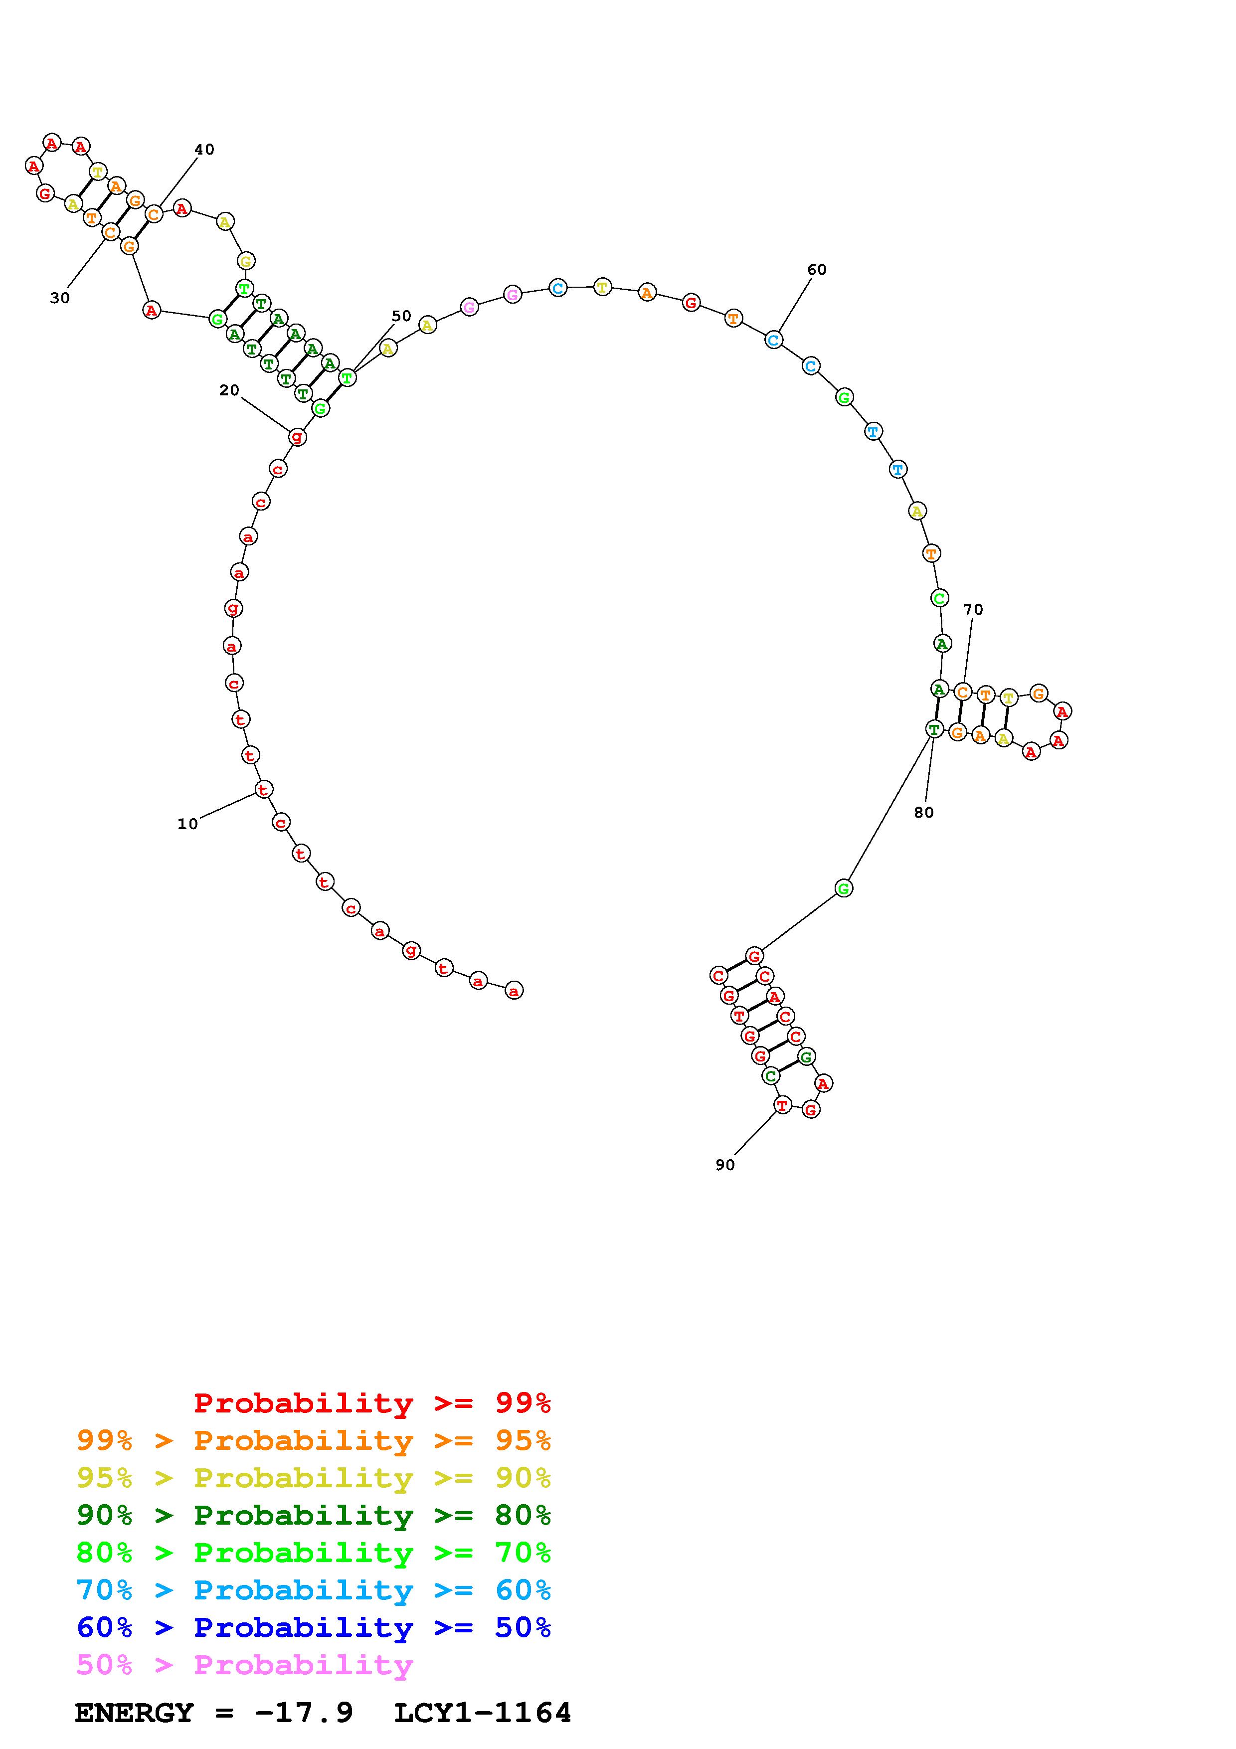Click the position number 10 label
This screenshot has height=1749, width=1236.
pos(187,824)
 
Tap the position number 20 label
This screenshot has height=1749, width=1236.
pos(229,390)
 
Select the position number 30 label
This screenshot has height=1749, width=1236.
pos(60,298)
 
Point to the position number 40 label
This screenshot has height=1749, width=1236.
pos(204,149)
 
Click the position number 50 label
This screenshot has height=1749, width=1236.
pos(401,316)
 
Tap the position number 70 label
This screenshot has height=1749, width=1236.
pos(973,609)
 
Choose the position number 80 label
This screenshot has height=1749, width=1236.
pos(924,812)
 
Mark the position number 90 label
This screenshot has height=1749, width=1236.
pos(725,1165)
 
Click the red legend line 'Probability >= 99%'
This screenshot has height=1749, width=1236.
pos(372,1402)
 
